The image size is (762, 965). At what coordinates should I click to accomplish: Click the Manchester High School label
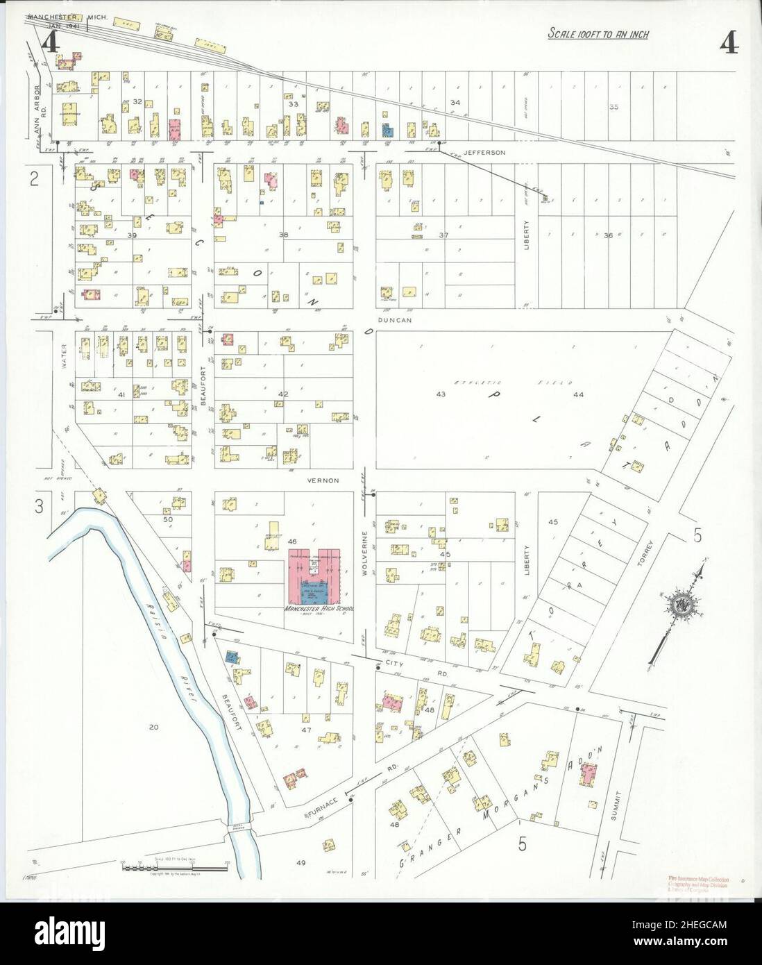point(319,609)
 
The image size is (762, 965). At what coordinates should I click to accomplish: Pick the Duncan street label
point(396,320)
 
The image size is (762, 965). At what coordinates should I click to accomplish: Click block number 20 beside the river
point(153,727)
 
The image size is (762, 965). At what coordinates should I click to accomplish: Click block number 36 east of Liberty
point(608,235)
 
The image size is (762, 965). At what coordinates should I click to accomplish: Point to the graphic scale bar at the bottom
point(176,862)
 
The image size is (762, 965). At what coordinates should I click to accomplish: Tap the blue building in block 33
point(387,129)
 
